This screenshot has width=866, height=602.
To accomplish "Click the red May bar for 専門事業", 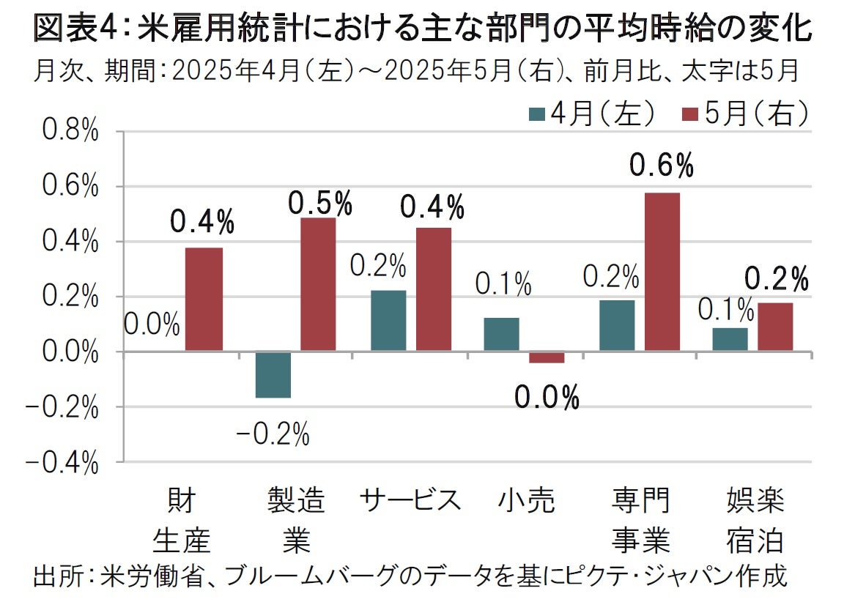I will point(662,272).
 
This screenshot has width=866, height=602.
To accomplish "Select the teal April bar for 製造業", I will point(273,374).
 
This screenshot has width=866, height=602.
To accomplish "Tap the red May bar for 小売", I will point(547,357).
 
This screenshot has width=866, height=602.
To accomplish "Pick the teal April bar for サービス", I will point(388,321).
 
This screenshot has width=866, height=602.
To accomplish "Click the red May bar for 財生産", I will point(204,300).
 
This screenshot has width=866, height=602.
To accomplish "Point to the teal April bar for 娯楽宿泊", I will point(730,340).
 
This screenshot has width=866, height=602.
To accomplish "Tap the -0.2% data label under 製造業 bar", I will point(273,435).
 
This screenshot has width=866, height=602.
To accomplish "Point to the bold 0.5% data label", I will point(320,204).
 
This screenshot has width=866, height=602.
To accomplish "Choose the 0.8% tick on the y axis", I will point(70,133).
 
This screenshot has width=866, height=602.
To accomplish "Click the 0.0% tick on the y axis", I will point(70,352).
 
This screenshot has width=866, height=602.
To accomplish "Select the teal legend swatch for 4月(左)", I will point(537,114).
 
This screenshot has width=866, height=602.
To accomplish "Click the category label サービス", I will point(410,501).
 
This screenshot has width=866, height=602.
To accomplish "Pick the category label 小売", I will point(525,501).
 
